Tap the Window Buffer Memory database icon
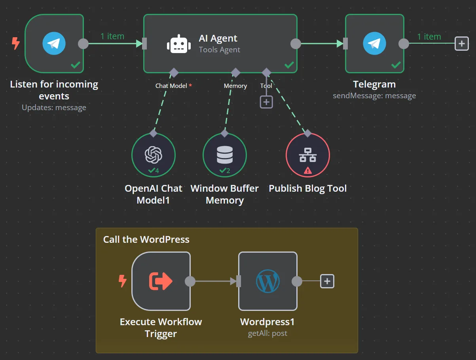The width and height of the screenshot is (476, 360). point(224,154)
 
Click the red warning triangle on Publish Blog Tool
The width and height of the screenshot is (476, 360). point(307,171)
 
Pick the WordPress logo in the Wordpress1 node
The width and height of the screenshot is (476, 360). point(267,281)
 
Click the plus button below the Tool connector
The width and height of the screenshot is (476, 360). point(266,102)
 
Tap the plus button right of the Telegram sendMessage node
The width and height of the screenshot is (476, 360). point(461,44)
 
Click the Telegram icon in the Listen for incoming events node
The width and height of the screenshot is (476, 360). point(54,44)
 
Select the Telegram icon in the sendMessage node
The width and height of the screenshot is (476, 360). point(374,44)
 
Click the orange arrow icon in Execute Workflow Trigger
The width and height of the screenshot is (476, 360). point(161,281)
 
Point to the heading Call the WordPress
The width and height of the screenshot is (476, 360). point(146,240)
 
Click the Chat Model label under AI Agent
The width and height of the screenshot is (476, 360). point(171,86)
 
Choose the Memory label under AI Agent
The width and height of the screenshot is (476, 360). point(235,86)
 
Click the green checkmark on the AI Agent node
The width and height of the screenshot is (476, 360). point(289,65)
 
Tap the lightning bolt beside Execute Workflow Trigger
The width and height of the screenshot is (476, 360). point(123,281)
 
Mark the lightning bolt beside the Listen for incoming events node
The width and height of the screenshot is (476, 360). point(15,43)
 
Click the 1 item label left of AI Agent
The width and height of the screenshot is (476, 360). point(112,36)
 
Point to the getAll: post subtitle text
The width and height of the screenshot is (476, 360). point(267,333)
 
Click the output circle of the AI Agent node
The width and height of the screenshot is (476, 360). point(296,44)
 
